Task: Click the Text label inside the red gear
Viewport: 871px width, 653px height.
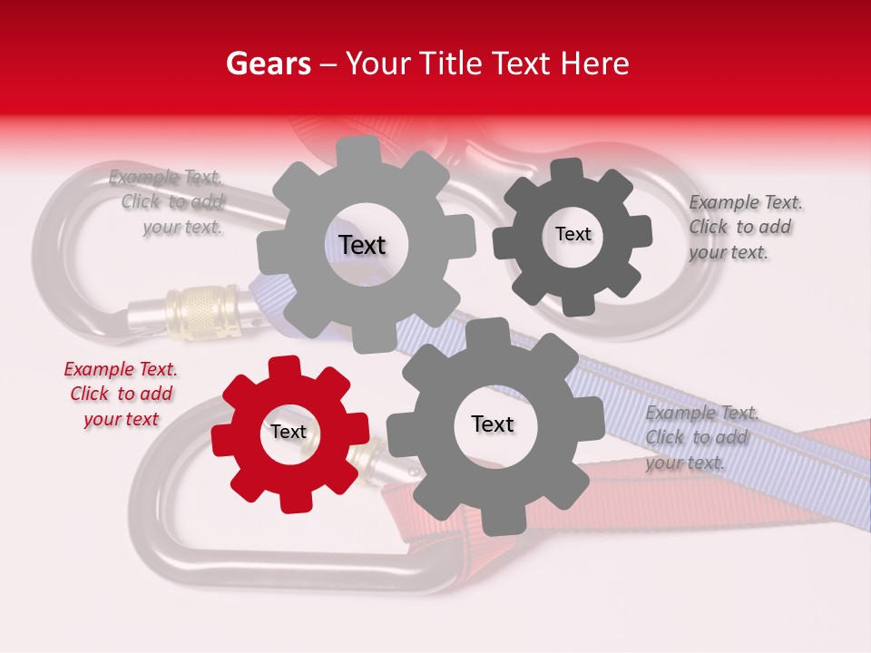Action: (x=289, y=433)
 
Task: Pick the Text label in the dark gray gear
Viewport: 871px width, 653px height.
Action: (x=573, y=235)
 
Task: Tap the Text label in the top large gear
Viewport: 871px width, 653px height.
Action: (x=362, y=246)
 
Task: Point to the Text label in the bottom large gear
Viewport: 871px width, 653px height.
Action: (x=493, y=424)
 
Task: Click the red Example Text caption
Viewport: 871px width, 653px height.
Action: (x=121, y=395)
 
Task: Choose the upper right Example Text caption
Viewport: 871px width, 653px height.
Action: (x=744, y=227)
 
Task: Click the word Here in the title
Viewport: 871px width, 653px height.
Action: (x=595, y=64)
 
